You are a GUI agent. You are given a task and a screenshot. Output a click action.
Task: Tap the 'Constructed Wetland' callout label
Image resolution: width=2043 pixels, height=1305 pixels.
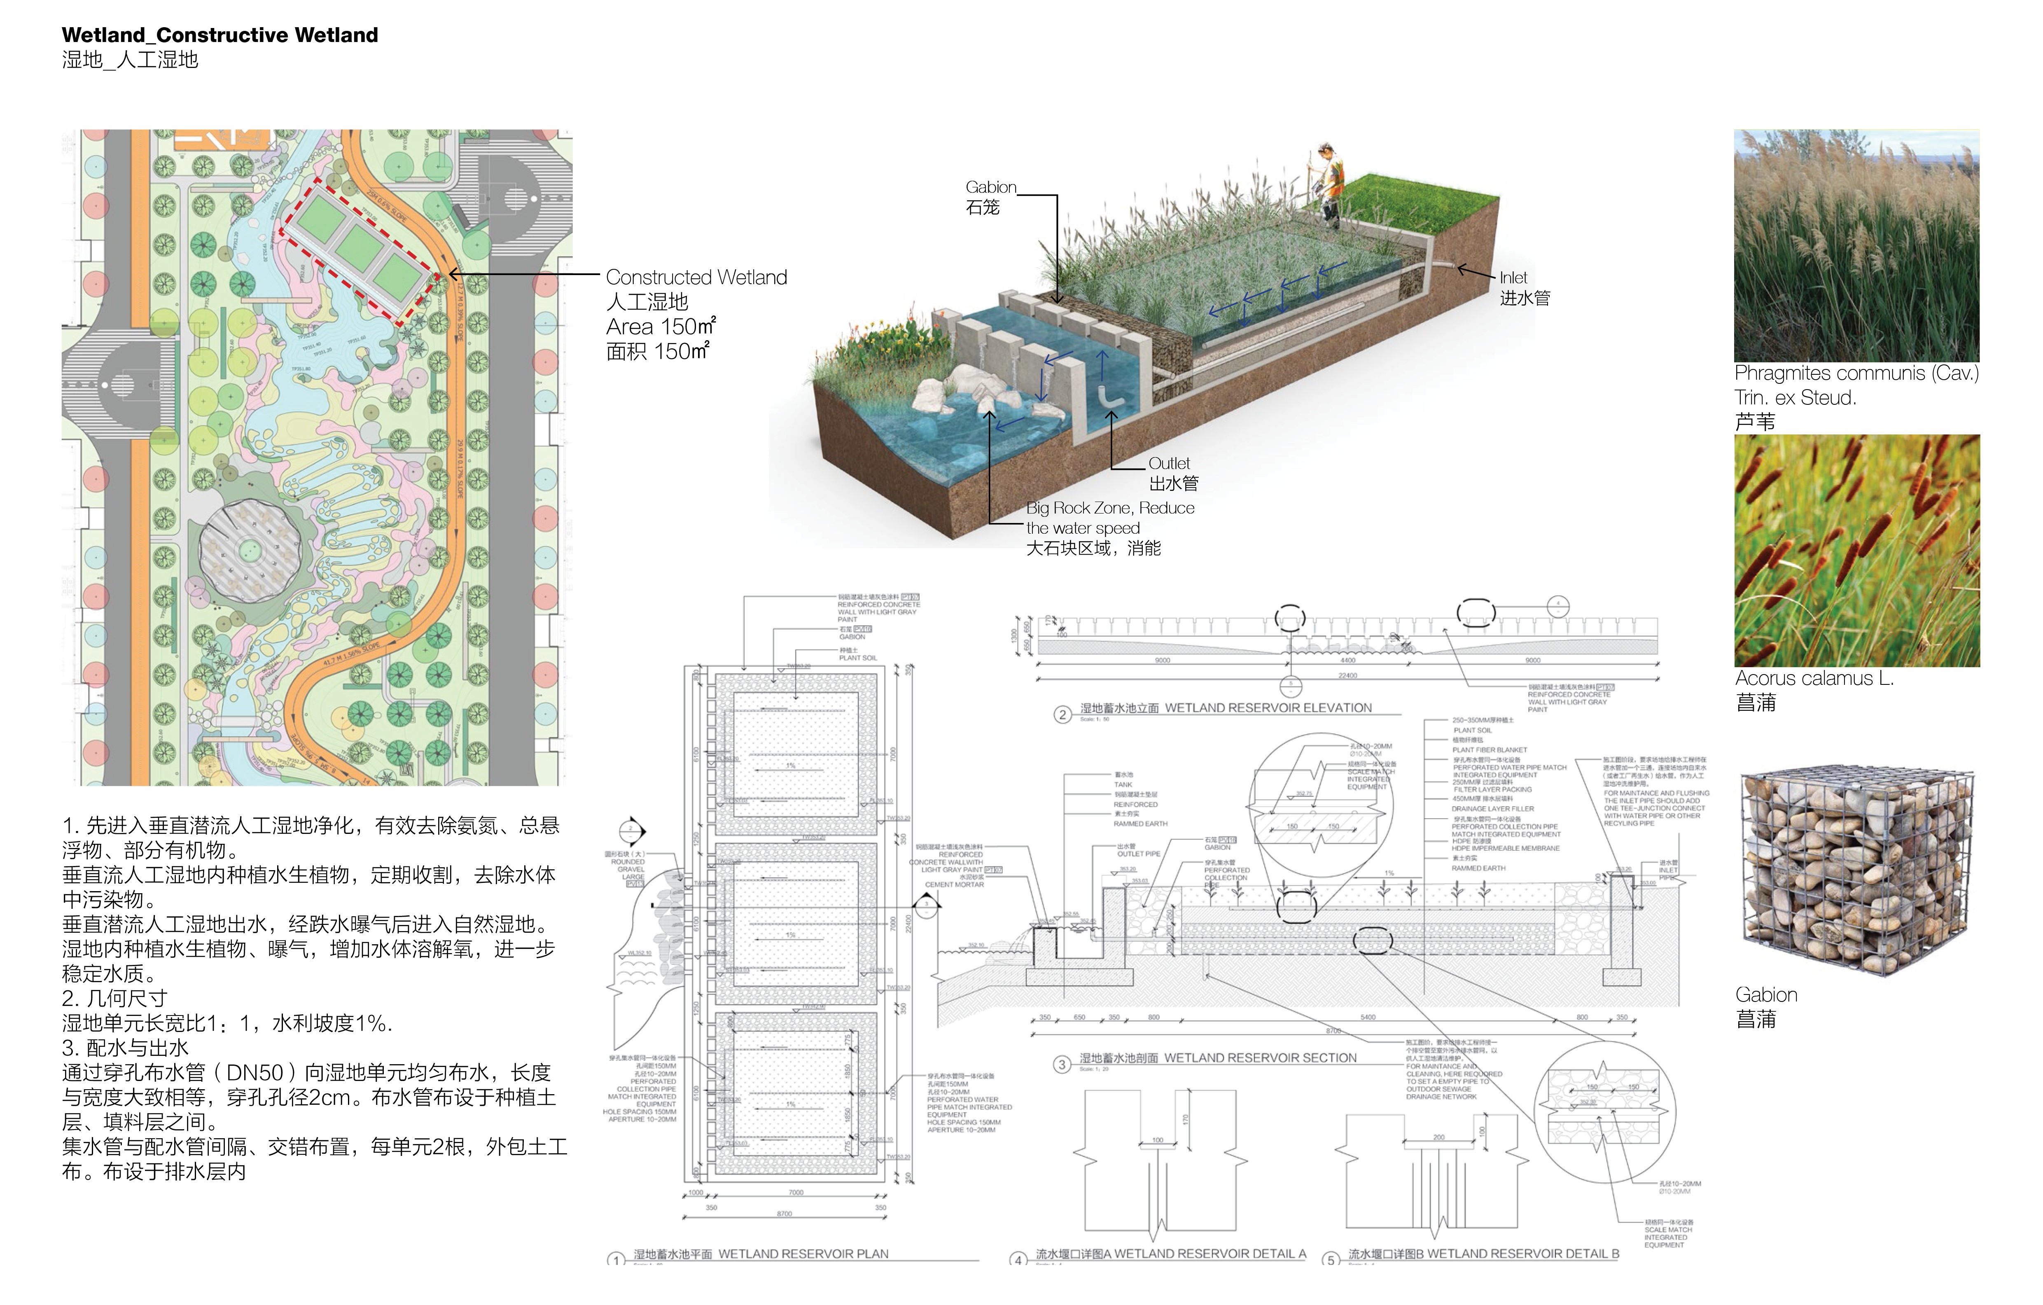[696, 278]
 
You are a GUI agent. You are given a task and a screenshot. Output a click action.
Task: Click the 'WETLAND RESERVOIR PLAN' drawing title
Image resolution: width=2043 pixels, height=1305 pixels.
[803, 1254]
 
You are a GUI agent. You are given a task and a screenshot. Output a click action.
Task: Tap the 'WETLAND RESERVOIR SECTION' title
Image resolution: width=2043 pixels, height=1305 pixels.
[1260, 1058]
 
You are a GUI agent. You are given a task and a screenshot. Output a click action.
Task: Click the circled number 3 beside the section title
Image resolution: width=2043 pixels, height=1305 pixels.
[1061, 1064]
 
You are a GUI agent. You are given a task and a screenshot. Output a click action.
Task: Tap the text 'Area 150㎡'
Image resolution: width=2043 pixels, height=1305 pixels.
[660, 327]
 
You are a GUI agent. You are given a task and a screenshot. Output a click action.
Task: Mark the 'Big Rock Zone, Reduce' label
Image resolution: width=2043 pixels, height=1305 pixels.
[1110, 508]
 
